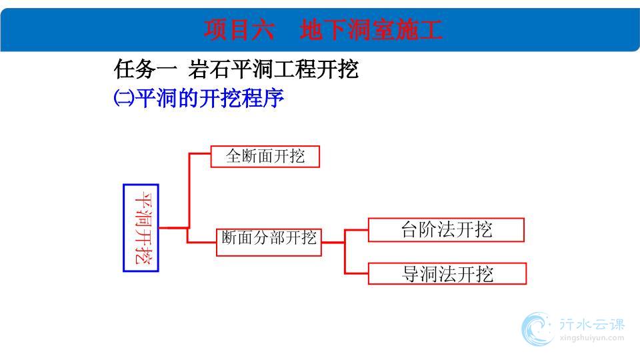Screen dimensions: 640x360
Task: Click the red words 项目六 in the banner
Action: click(239, 30)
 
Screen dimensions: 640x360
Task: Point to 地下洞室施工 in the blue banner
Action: click(371, 30)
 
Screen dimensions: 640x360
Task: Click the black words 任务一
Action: click(145, 69)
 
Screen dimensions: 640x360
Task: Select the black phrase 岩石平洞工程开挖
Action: click(273, 69)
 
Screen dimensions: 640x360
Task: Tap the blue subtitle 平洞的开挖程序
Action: click(209, 98)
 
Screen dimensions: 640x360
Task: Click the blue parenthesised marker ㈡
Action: click(124, 98)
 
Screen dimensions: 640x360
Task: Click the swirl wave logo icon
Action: click(537, 329)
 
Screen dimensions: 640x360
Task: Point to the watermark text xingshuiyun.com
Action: click(592, 338)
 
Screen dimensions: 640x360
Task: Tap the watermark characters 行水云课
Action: click(592, 324)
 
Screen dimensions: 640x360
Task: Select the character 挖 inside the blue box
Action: click(143, 255)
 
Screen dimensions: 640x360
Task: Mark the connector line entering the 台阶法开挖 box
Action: click(356, 230)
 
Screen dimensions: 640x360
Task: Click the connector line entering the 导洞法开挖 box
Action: click(356, 273)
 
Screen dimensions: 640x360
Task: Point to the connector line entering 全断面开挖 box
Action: click(199, 153)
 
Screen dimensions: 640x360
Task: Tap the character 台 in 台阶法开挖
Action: click(409, 229)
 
